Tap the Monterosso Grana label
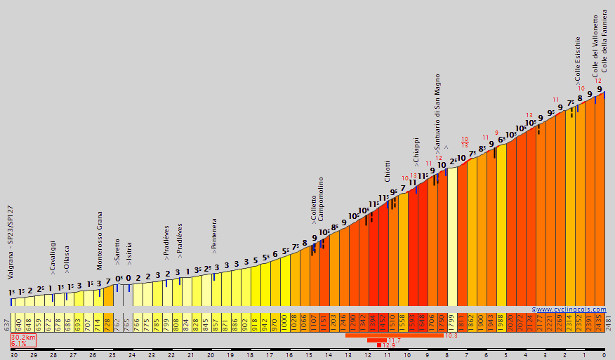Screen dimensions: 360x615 coord(100,240)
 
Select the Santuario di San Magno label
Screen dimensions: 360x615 coord(437,113)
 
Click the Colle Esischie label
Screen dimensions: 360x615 coord(578,59)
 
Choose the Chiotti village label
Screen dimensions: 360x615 coord(387,171)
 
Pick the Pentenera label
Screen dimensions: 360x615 coord(213,235)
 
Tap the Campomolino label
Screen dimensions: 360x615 coord(321,199)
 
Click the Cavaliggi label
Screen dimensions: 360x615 coord(53,256)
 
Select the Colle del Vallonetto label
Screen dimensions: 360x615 coord(595,46)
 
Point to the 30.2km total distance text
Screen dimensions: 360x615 coord(23,337)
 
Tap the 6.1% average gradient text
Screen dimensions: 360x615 coord(19,344)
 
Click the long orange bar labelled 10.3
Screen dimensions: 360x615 coord(393,335)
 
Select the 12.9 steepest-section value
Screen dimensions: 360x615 coord(389,345)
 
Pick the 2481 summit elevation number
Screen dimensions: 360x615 coord(608,324)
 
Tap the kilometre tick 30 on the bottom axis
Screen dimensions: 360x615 coord(14,355)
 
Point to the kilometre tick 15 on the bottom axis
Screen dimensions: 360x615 coord(309,355)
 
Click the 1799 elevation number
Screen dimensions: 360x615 coord(451,324)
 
